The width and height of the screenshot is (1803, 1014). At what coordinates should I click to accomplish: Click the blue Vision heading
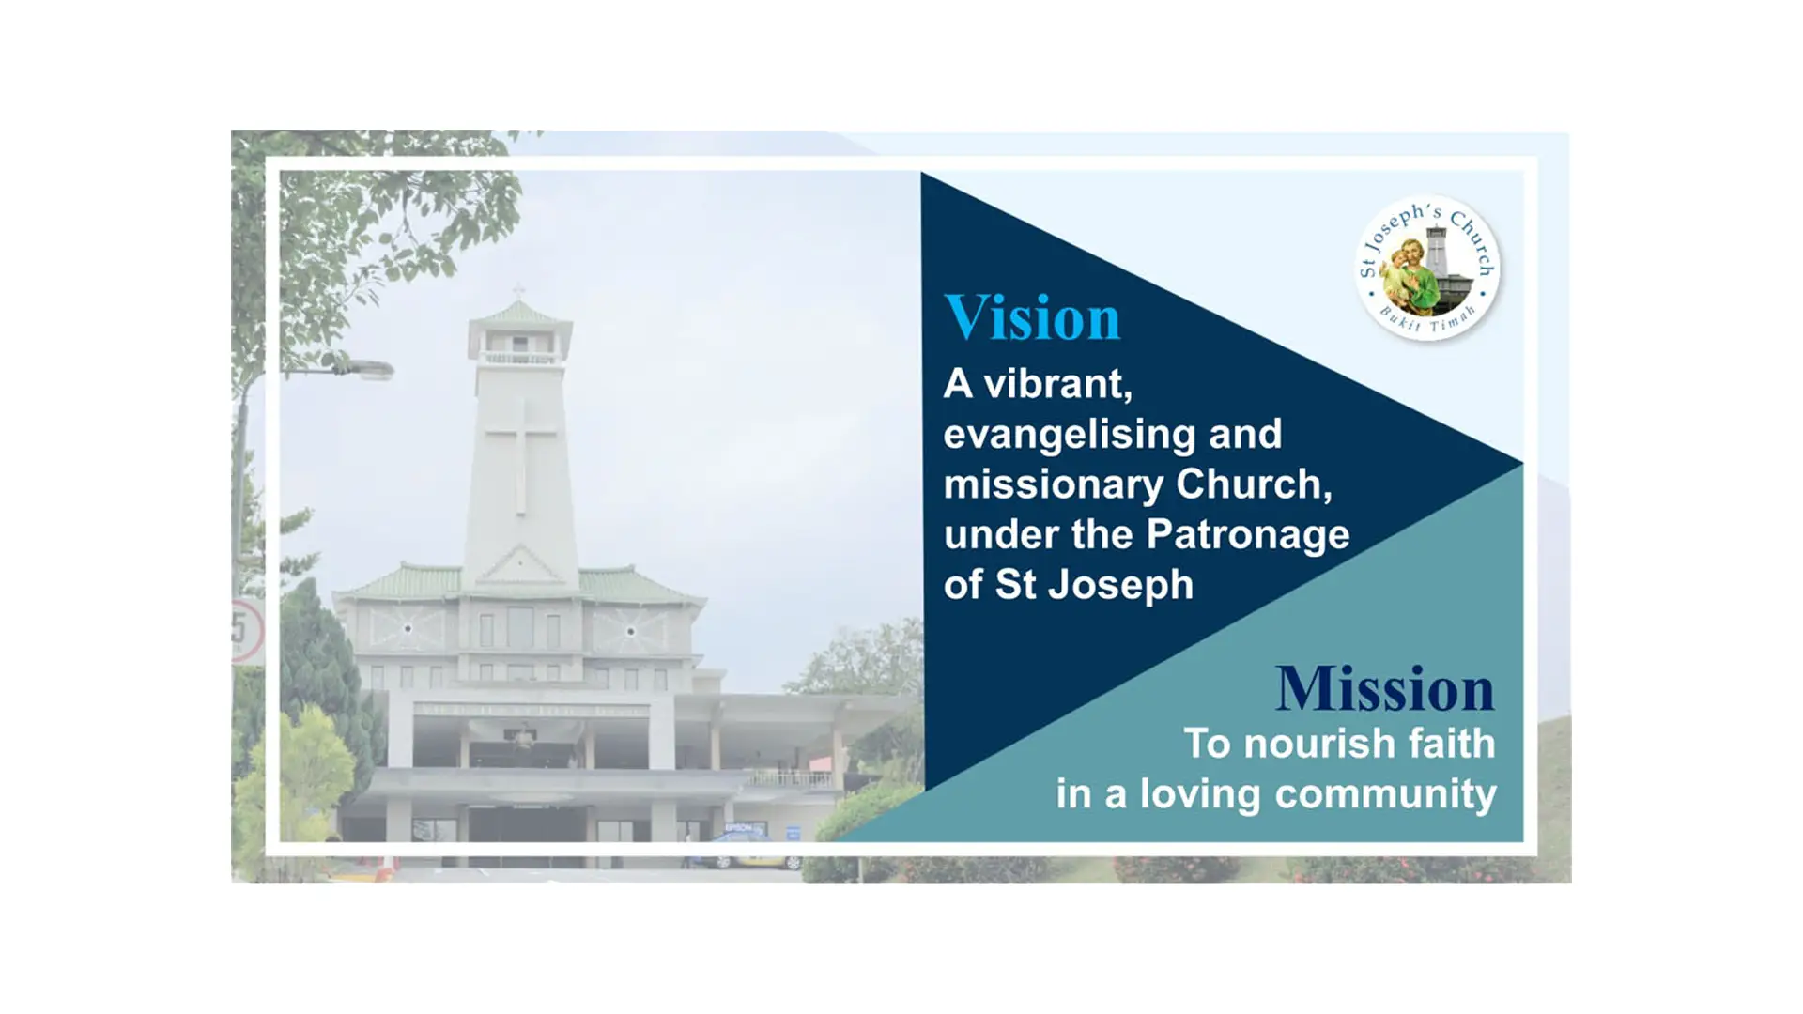point(1032,317)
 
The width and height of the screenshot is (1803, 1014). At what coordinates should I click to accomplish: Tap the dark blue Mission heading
point(1385,688)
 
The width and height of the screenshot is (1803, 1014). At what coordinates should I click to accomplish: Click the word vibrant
point(1057,383)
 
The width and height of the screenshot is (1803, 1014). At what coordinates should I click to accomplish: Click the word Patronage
point(1248,535)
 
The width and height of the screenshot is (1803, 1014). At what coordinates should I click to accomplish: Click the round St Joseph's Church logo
point(1427,269)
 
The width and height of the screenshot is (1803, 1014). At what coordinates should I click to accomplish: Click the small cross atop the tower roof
point(518,291)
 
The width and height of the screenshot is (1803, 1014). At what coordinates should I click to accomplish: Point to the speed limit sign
point(245,631)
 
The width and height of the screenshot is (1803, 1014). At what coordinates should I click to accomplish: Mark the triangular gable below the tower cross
point(519,566)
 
